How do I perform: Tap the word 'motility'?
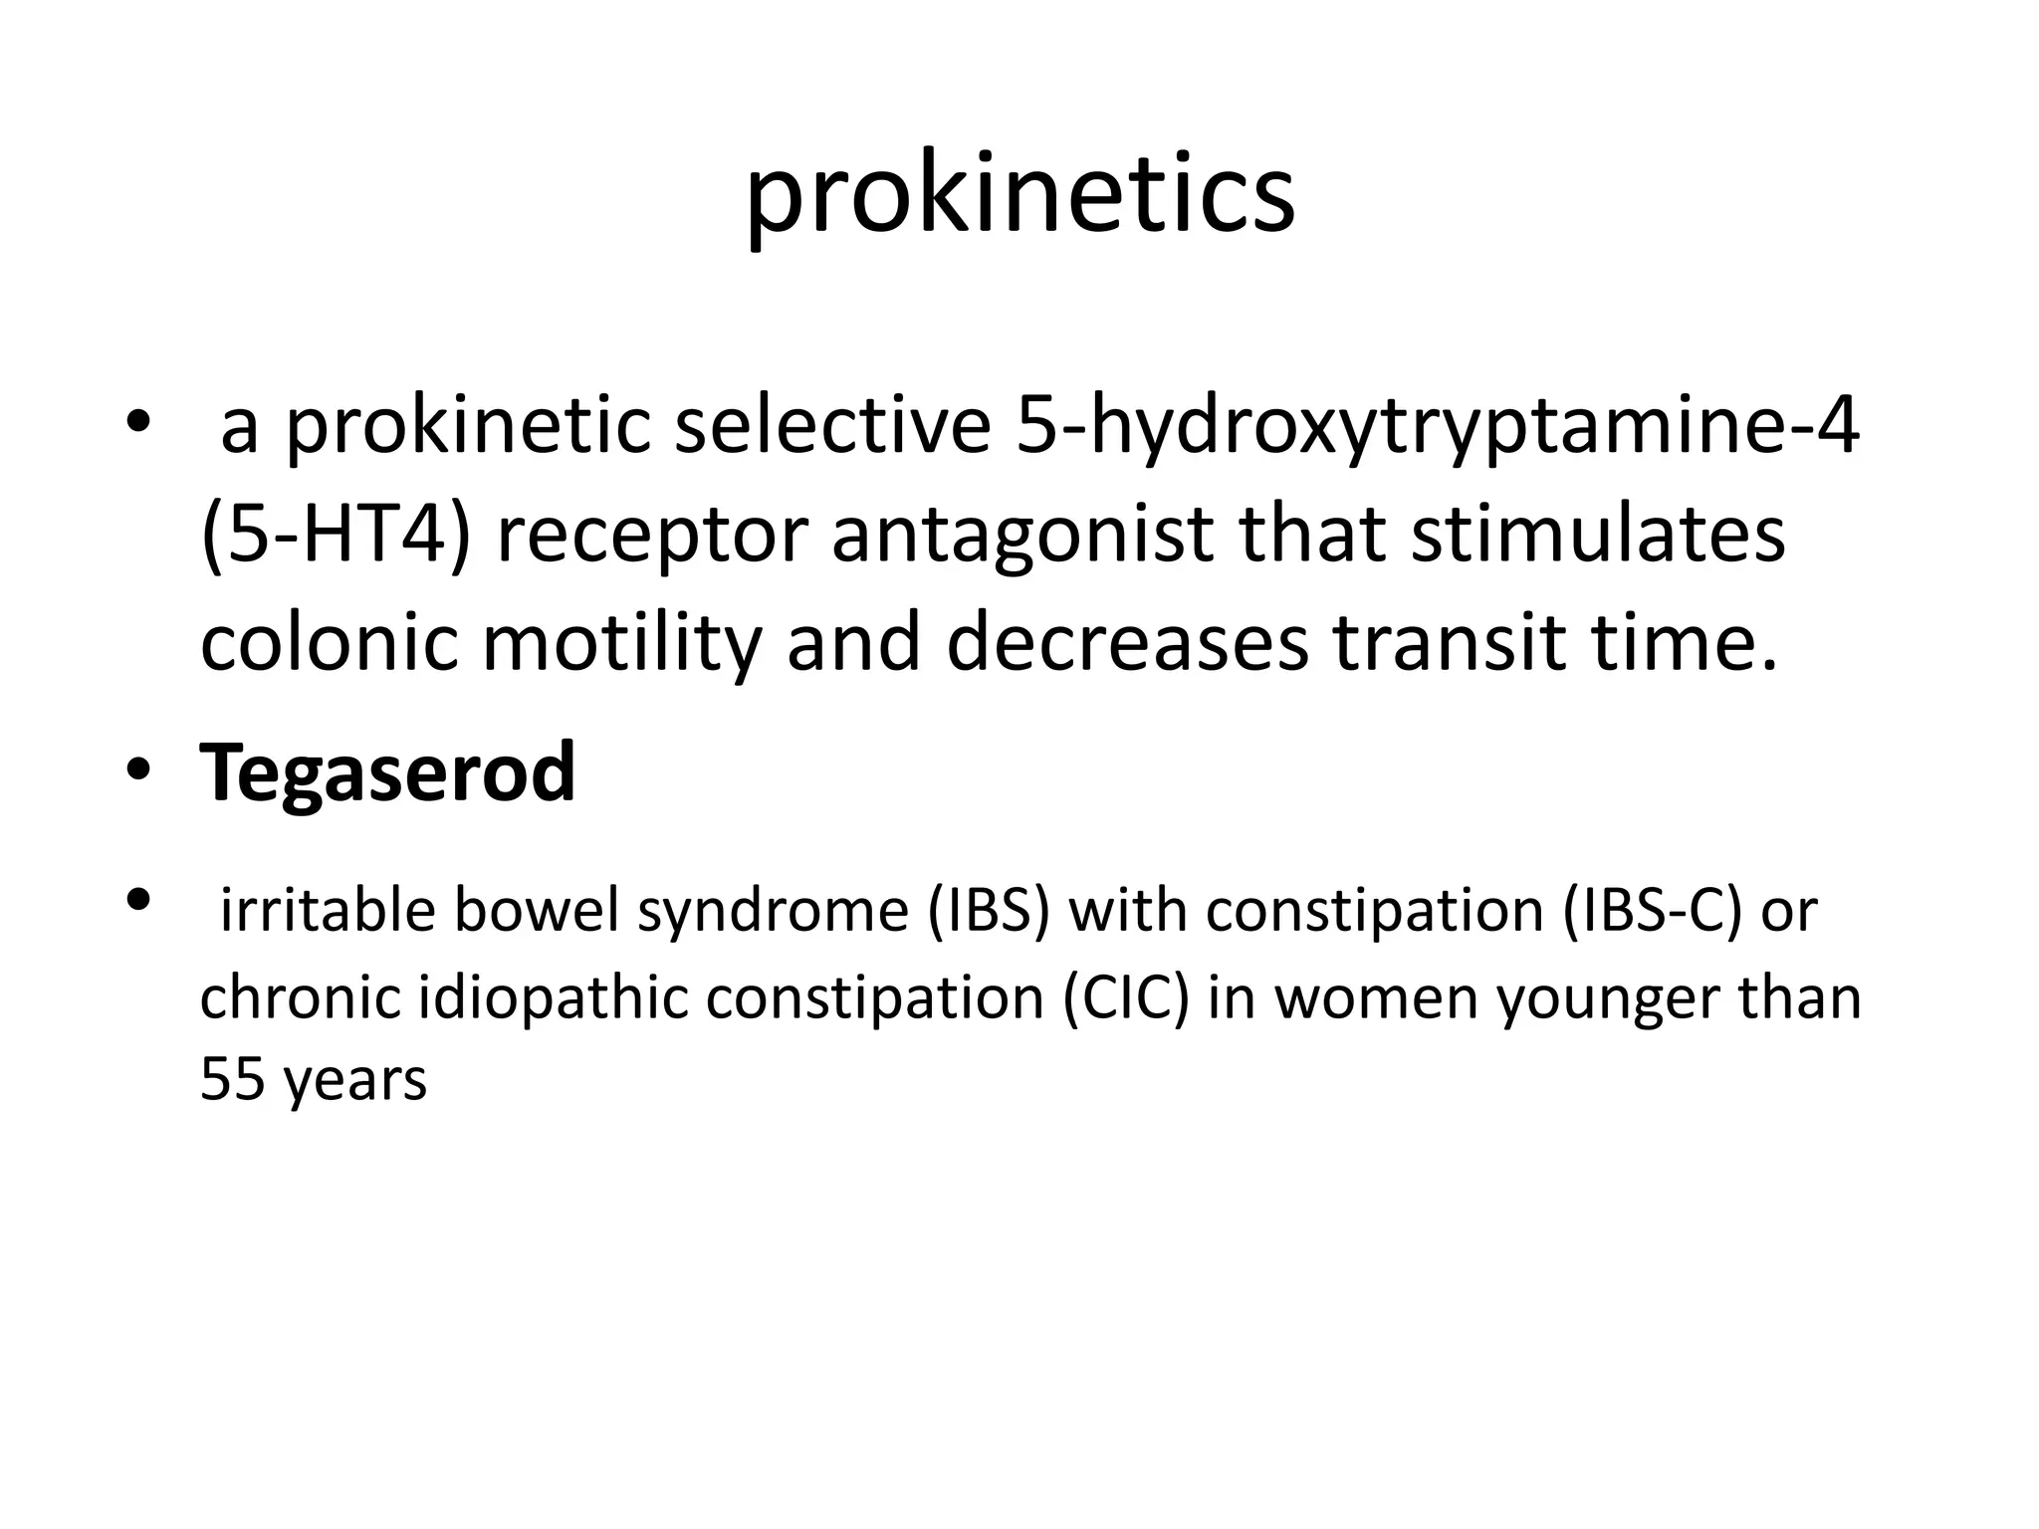[x=621, y=643]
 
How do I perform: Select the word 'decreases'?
[x=1127, y=643]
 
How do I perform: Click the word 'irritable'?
[x=328, y=911]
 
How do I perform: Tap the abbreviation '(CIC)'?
[x=1125, y=996]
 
